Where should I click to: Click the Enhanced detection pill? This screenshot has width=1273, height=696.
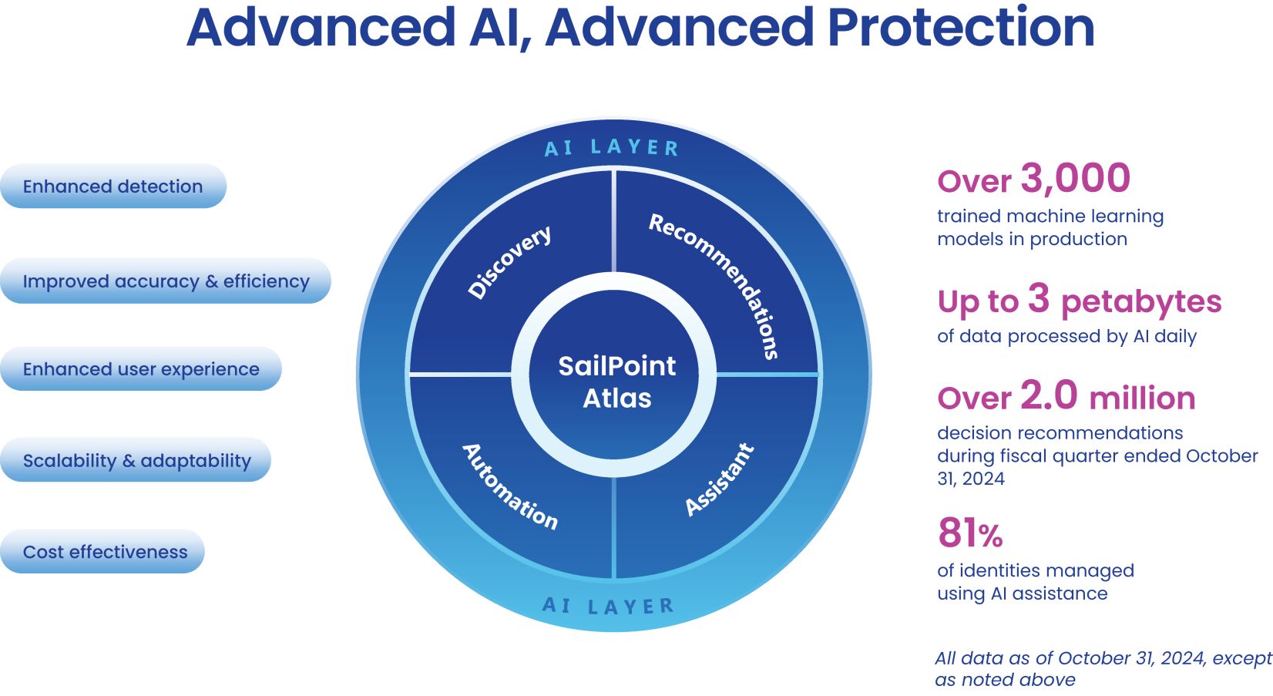(x=113, y=187)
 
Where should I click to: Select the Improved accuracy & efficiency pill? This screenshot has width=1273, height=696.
(x=166, y=281)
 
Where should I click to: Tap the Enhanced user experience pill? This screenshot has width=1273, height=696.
(x=141, y=369)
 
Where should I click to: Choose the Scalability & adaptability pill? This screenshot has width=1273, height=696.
(x=136, y=461)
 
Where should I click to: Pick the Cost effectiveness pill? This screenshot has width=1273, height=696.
(x=105, y=552)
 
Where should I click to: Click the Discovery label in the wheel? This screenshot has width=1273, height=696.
(x=510, y=261)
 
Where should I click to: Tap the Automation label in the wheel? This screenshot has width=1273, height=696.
(x=509, y=486)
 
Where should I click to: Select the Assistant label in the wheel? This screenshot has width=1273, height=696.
(x=719, y=479)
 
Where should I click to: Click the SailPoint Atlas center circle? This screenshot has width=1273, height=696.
(x=616, y=382)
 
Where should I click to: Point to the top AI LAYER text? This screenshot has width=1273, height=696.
(x=612, y=147)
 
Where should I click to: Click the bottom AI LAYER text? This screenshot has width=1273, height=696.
(x=608, y=606)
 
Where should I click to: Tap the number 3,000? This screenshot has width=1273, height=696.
(x=1076, y=178)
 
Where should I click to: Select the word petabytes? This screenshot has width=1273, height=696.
(x=1141, y=301)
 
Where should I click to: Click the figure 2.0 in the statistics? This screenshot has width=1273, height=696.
(x=1049, y=395)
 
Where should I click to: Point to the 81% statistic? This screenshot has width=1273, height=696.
(x=970, y=533)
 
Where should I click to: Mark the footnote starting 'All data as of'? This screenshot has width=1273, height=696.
(x=1102, y=668)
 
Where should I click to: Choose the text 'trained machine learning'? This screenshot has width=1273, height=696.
(x=1050, y=217)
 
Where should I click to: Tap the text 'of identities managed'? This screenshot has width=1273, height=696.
(x=1036, y=570)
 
